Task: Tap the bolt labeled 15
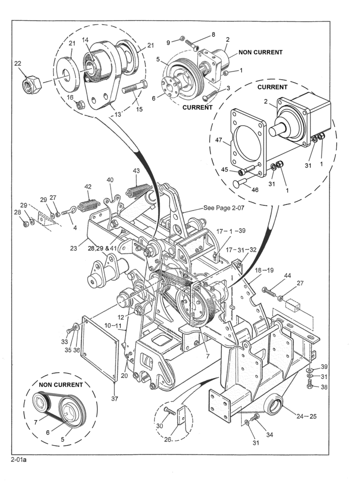pos(135,87)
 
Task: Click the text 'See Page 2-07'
pos(224,207)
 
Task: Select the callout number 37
pos(115,399)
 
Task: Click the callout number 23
pos(73,248)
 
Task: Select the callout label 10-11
pos(112,325)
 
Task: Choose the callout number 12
pos(121,317)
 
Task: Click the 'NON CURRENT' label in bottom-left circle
pos(61,385)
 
